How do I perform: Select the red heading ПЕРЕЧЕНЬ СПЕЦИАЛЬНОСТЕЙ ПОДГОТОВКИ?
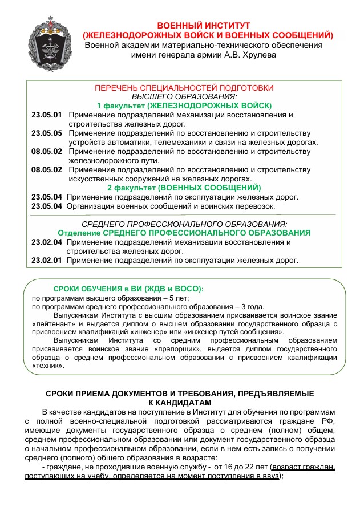coord(184,88)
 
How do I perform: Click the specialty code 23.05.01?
coord(47,115)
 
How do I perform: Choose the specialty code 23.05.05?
coord(47,133)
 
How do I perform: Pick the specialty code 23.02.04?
coord(47,242)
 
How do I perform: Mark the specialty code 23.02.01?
coord(47,260)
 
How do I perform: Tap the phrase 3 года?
coord(252,306)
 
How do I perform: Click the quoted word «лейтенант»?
coord(52,323)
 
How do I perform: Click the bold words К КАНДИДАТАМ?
coord(180,403)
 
